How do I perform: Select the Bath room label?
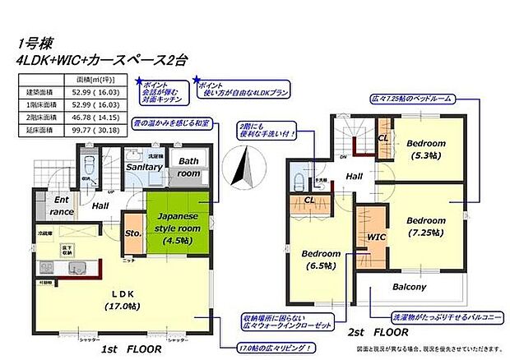pyautogui.click(x=189, y=168)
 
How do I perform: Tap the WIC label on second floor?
pyautogui.click(x=377, y=237)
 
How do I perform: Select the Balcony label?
pyautogui.click(x=408, y=287)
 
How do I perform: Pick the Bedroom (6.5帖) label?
pyautogui.click(x=318, y=259)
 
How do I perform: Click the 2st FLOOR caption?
pyautogui.click(x=378, y=331)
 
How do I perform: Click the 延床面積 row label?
pyautogui.click(x=39, y=129)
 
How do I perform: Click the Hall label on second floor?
pyautogui.click(x=354, y=176)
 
